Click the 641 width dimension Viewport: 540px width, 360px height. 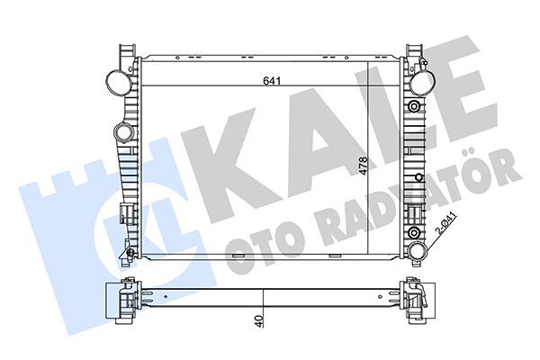click(x=269, y=80)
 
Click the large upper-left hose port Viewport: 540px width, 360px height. click(x=116, y=80)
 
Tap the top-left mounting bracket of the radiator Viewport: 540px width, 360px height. click(x=123, y=49)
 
